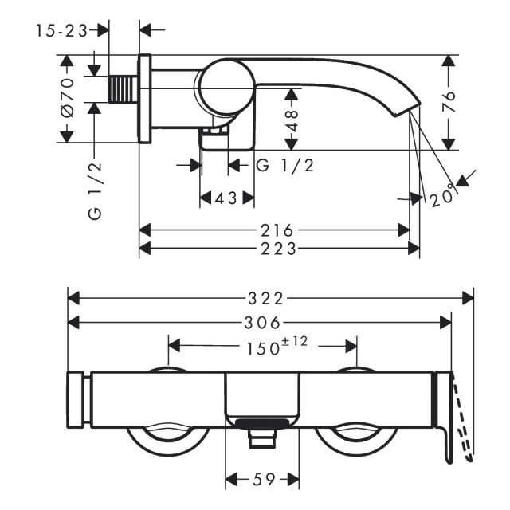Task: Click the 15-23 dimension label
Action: click(x=62, y=31)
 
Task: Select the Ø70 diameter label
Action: click(x=67, y=97)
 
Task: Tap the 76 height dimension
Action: click(x=449, y=102)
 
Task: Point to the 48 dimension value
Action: click(x=292, y=120)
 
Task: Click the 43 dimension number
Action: click(x=226, y=198)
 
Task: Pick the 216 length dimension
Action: click(x=277, y=230)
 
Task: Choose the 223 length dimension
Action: click(x=279, y=249)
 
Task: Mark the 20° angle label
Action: click(x=442, y=196)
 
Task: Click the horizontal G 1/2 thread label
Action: click(x=285, y=166)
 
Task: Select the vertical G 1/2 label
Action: click(x=95, y=191)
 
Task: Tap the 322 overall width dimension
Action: click(x=265, y=299)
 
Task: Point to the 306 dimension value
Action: click(x=262, y=323)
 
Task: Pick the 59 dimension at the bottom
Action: click(x=264, y=479)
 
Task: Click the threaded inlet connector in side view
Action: click(x=123, y=89)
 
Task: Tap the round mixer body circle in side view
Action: click(x=227, y=87)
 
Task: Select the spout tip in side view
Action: click(x=407, y=110)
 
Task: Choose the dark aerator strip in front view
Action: click(x=262, y=423)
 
